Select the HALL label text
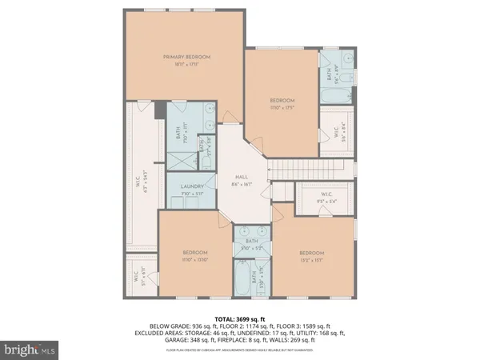pyautogui.click(x=240, y=178)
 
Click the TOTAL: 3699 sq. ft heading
pyautogui.click(x=240, y=318)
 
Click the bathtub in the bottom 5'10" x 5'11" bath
pyautogui.click(x=241, y=282)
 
